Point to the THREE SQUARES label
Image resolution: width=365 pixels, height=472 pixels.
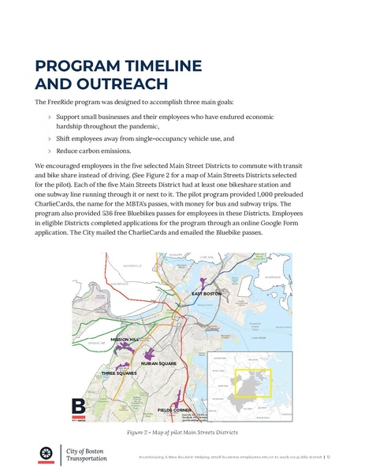tap(119, 373)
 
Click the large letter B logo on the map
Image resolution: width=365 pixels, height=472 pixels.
tap(79, 407)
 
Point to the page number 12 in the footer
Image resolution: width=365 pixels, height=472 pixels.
tap(326, 455)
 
